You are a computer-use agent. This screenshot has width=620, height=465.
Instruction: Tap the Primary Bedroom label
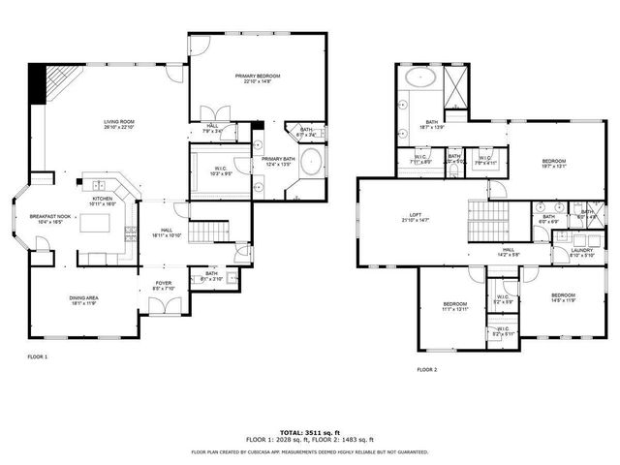pos(256,75)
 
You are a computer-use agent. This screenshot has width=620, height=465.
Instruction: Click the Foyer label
pos(164,283)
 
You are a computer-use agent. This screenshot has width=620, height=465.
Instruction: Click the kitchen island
pos(98,225)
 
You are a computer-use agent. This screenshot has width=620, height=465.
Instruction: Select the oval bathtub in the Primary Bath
pos(313,162)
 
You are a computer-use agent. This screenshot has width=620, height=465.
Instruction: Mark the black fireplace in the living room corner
pos(39,81)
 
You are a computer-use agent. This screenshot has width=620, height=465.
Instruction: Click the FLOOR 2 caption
pos(426,370)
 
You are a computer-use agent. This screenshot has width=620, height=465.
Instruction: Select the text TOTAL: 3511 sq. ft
pos(310,431)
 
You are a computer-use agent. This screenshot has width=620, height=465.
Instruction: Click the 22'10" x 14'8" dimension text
pos(256,81)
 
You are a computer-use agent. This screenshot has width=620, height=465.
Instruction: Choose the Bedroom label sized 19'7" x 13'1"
pos(553,161)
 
